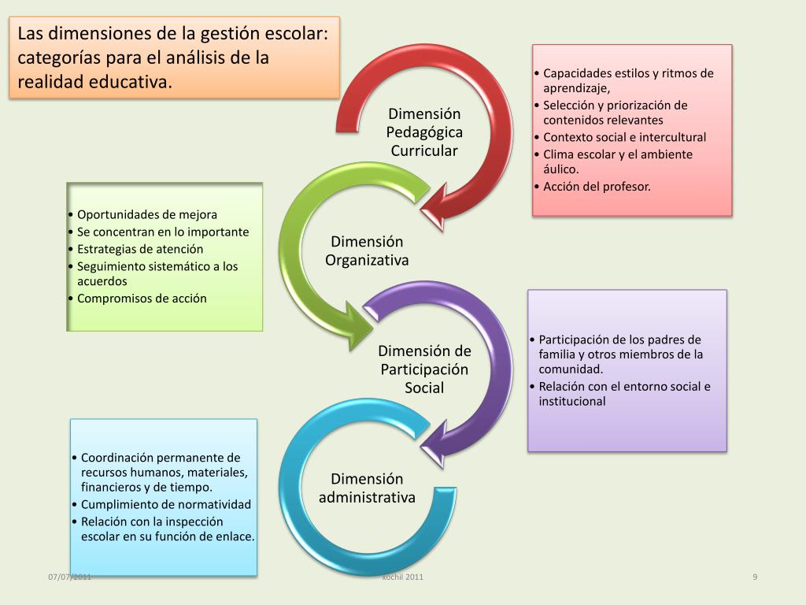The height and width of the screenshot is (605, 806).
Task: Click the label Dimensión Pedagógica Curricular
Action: point(424,132)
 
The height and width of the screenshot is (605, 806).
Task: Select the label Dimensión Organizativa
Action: point(367,251)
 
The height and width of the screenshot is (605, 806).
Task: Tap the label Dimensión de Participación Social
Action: point(424,369)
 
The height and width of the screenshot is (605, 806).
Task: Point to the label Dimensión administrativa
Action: point(367,488)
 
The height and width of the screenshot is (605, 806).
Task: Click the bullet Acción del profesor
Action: point(597,187)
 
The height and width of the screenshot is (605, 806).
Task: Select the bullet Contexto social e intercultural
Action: point(624,137)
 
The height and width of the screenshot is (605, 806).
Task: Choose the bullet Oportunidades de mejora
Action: point(146,214)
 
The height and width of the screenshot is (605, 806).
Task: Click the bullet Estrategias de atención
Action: point(139,249)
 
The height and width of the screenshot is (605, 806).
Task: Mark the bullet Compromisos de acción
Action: point(142,299)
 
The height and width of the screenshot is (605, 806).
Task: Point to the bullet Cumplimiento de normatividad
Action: point(165,504)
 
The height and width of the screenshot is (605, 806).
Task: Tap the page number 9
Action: point(755,577)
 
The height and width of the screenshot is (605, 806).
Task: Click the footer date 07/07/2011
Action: point(69,577)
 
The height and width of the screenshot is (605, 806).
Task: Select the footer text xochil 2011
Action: point(402,577)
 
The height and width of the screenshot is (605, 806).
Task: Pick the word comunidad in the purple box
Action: point(571,369)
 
